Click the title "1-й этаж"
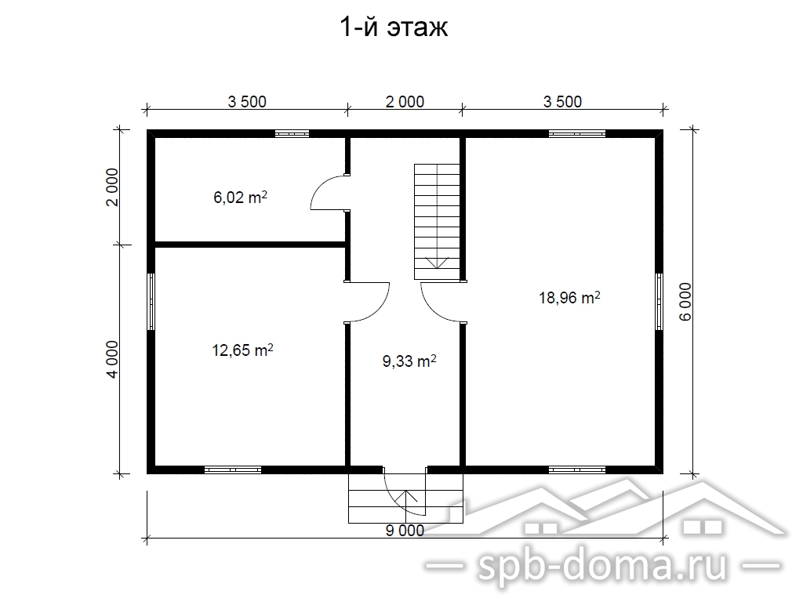[394, 28]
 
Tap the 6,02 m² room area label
[240, 197]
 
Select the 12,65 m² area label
[242, 350]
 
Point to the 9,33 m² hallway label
[409, 361]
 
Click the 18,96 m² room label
[569, 297]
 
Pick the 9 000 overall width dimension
[405, 531]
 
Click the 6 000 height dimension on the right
[685, 302]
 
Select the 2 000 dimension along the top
[405, 102]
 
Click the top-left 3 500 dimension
[247, 102]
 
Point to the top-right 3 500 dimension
[562, 102]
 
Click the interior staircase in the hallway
[437, 222]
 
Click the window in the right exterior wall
[659, 302]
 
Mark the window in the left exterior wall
[151, 302]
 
